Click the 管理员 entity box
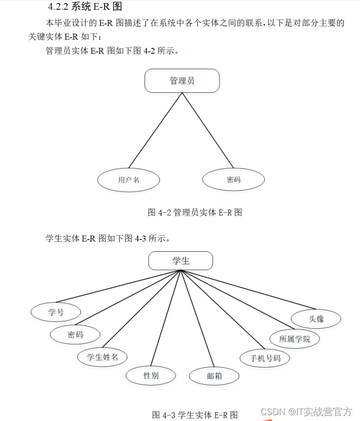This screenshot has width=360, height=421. pyautogui.click(x=182, y=81)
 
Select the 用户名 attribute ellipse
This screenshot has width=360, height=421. pyautogui.click(x=129, y=180)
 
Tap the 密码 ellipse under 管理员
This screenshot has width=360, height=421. pyautogui.click(x=234, y=180)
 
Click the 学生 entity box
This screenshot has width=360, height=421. pyautogui.click(x=180, y=261)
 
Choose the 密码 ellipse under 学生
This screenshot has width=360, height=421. pyautogui.click(x=75, y=335)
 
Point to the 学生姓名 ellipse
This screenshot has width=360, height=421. pyautogui.click(x=102, y=357)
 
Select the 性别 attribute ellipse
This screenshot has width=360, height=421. pyautogui.click(x=150, y=376)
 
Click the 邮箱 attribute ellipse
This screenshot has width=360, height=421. pyautogui.click(x=214, y=376)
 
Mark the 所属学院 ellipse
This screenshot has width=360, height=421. pyautogui.click(x=295, y=339)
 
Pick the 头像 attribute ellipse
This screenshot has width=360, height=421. pyautogui.click(x=316, y=319)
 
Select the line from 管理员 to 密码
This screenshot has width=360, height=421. pyautogui.click(x=207, y=130)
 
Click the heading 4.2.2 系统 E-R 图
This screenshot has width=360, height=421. pyautogui.click(x=85, y=7)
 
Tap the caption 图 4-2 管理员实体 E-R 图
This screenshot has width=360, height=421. pyautogui.click(x=195, y=212)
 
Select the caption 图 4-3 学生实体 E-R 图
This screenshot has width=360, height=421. pyautogui.click(x=195, y=415)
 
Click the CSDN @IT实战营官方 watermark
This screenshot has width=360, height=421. pyautogui.click(x=306, y=411)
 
